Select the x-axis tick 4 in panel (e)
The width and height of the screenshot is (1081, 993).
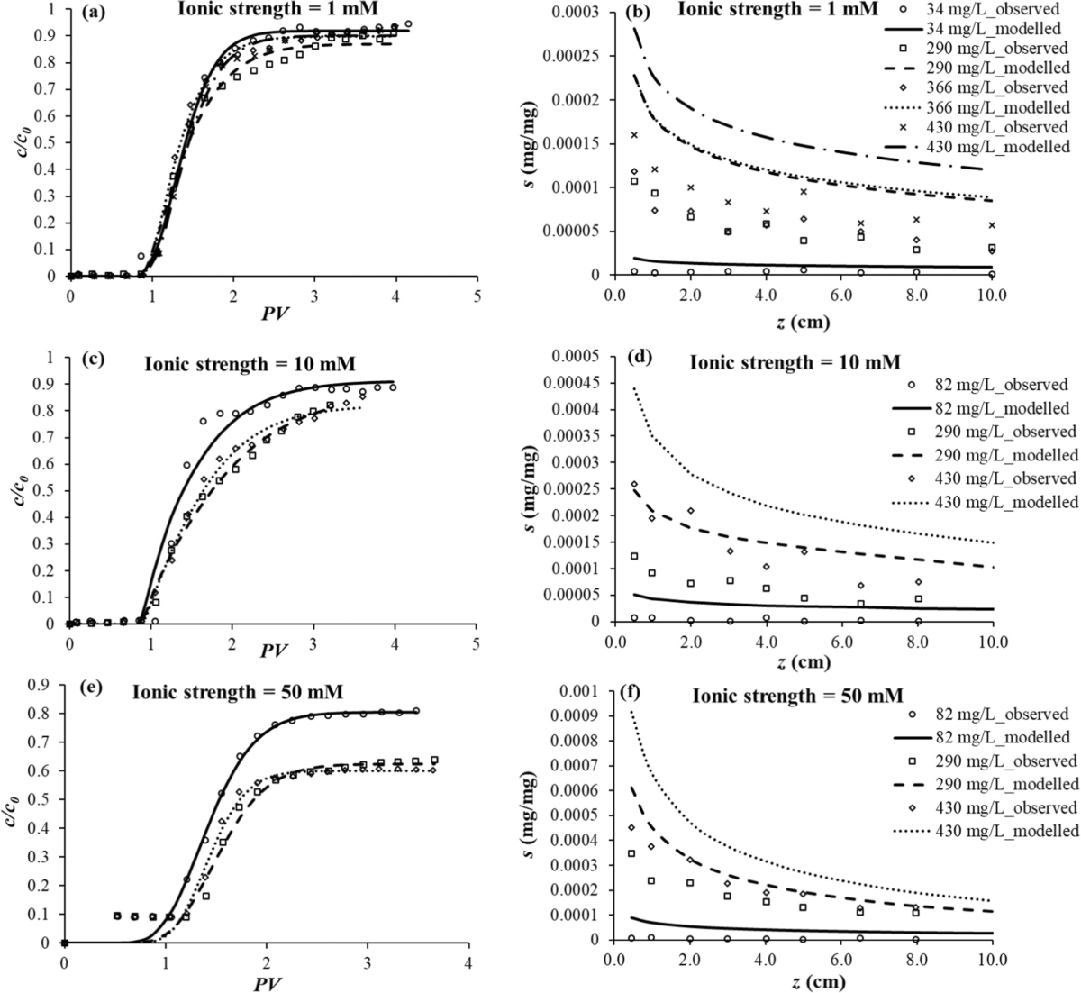467,962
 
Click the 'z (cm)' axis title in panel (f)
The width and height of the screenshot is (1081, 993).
801,980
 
